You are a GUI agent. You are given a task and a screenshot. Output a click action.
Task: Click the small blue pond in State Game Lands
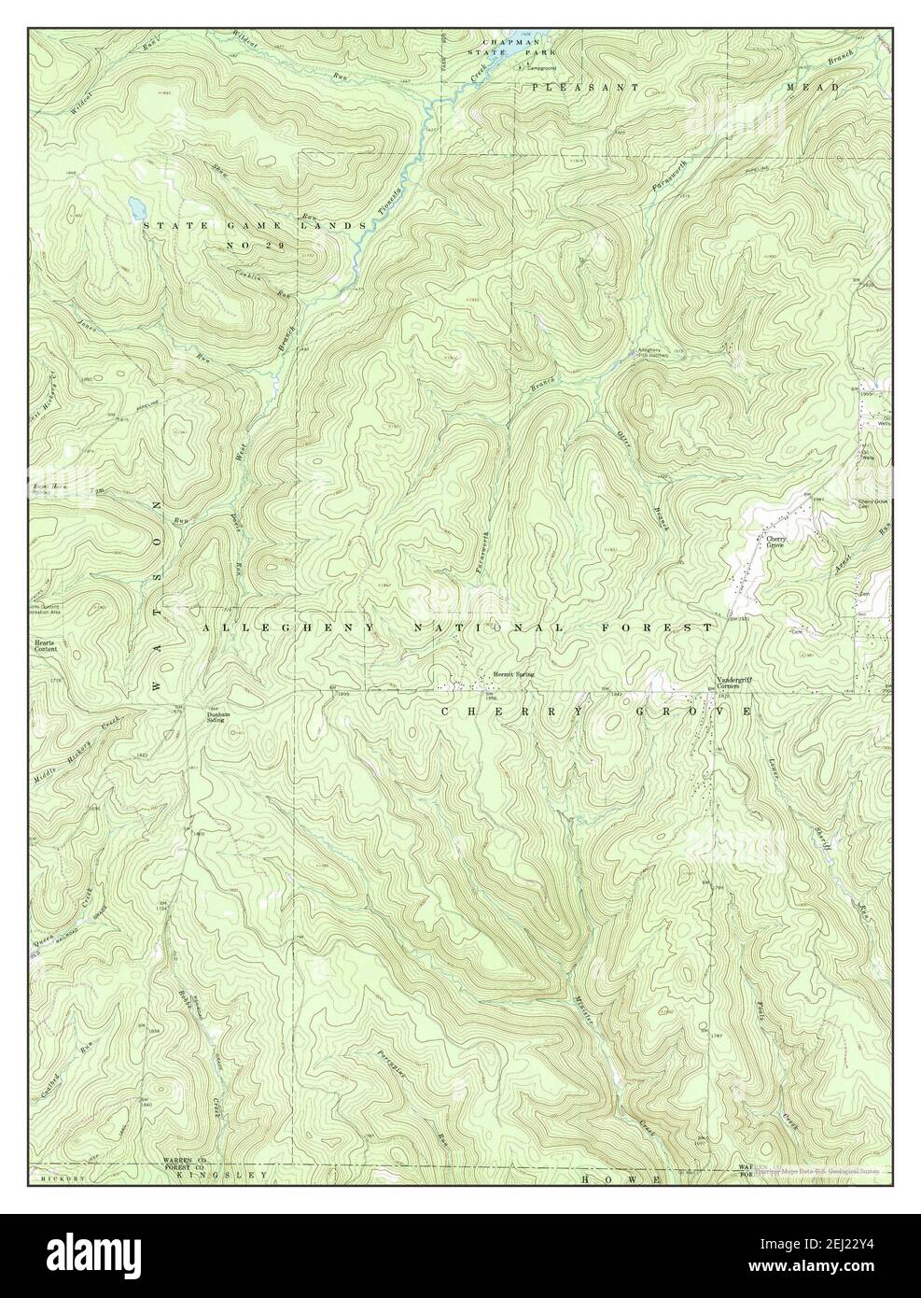pyautogui.click(x=136, y=202)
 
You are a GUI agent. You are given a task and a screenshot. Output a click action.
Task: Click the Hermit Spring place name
pyautogui.click(x=514, y=673)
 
